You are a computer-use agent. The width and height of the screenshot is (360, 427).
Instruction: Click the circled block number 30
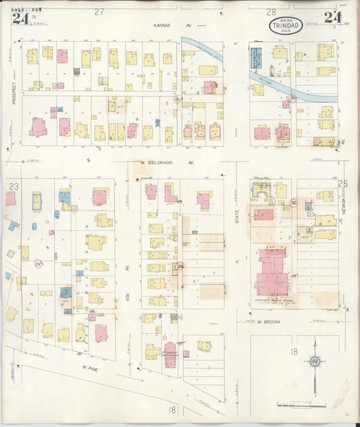click(x=293, y=202)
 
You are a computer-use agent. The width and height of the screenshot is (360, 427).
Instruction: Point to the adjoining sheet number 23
click(x=13, y=185)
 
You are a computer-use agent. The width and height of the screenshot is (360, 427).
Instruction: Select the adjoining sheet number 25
click(x=342, y=183)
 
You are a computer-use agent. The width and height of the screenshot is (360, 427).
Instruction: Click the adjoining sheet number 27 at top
click(x=99, y=11)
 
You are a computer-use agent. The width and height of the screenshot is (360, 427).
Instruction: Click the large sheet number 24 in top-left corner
click(x=20, y=17)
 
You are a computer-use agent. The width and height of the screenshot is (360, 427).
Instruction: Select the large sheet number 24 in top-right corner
click(x=332, y=17)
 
